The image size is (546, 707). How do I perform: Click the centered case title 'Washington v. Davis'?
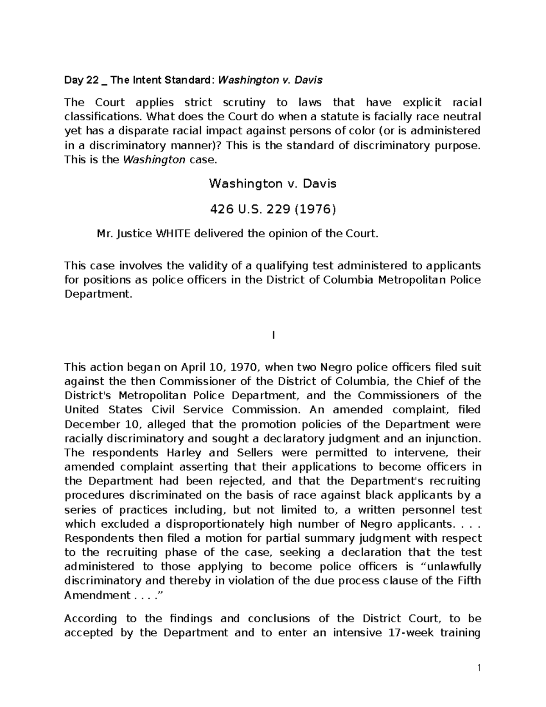pyautogui.click(x=273, y=183)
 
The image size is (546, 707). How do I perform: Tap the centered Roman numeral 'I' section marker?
pyautogui.click(x=273, y=336)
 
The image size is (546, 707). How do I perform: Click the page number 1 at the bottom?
pyautogui.click(x=479, y=668)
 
